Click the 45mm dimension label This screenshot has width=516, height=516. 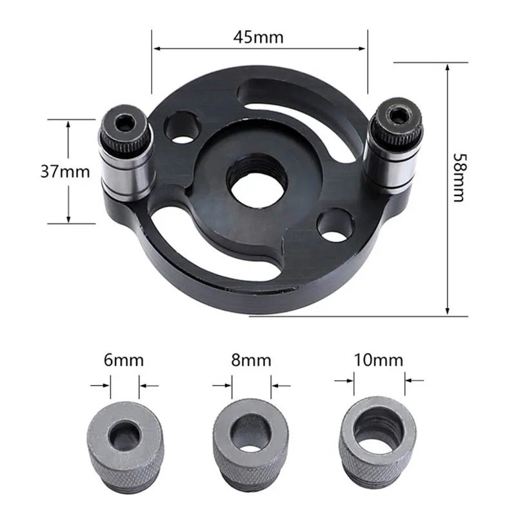(259, 36)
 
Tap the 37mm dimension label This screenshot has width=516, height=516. (65, 172)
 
